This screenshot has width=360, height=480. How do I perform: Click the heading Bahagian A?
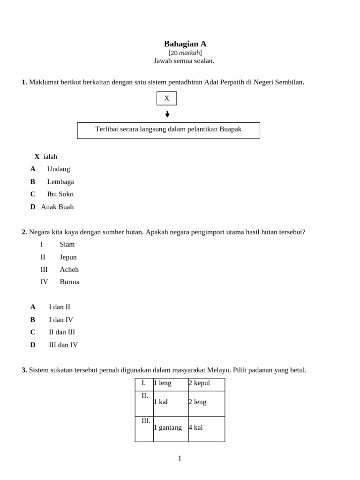point(185,44)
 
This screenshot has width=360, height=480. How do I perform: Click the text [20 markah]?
point(185,52)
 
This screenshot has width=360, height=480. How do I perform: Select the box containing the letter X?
point(166,98)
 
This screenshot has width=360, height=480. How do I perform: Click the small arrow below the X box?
point(167,114)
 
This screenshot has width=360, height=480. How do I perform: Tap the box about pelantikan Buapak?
point(168,130)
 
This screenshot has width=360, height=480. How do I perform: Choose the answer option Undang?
point(59,169)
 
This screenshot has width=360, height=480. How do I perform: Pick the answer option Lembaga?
point(60,181)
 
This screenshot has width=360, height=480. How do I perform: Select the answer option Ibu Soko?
point(60,194)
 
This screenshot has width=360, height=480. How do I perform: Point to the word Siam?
point(67,244)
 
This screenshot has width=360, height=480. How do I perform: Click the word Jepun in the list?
point(68,257)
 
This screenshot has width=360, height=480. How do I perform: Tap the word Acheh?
point(69,270)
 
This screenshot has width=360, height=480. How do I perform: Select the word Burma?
point(69,282)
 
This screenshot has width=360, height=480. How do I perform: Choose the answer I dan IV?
point(61,320)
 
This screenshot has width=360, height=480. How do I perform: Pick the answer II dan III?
point(62,332)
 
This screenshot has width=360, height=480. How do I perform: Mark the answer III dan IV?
point(63,345)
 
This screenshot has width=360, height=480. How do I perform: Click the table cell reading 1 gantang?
point(171,428)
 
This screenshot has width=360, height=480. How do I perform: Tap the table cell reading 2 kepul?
point(206,383)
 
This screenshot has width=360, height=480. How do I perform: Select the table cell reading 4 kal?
point(206,428)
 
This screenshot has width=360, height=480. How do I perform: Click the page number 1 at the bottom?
point(180,458)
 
